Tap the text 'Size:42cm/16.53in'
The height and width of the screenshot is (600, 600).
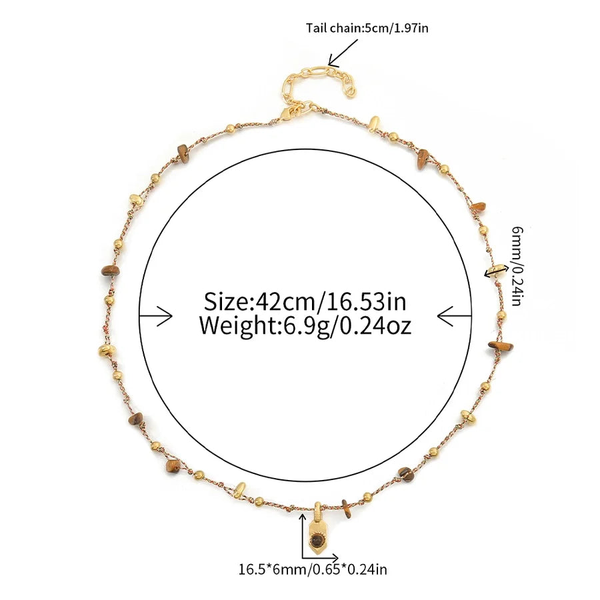pyautogui.click(x=305, y=301)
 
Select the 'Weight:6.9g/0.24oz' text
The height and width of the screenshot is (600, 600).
pyautogui.click(x=305, y=325)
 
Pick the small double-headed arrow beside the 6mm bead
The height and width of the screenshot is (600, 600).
pyautogui.click(x=497, y=271)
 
